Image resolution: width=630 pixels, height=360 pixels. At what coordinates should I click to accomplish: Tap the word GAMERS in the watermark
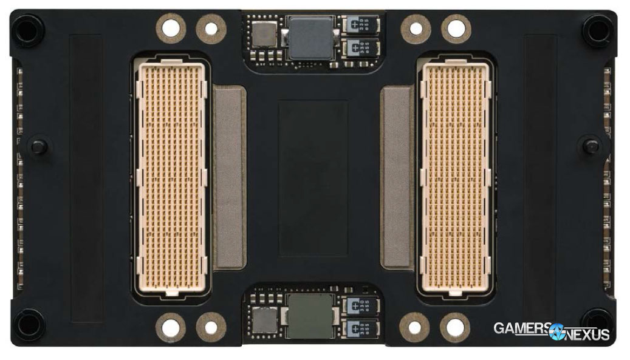[520, 328]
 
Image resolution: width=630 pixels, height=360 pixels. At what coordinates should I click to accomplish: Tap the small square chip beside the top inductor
[265, 33]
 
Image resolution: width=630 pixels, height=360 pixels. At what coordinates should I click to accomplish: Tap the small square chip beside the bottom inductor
[265, 320]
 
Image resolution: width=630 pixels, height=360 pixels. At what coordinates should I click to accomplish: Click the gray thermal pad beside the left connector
[230, 177]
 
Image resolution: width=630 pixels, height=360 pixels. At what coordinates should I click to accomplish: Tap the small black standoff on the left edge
[39, 146]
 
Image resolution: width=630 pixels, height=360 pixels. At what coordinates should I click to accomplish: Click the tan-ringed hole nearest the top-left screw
[172, 27]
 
